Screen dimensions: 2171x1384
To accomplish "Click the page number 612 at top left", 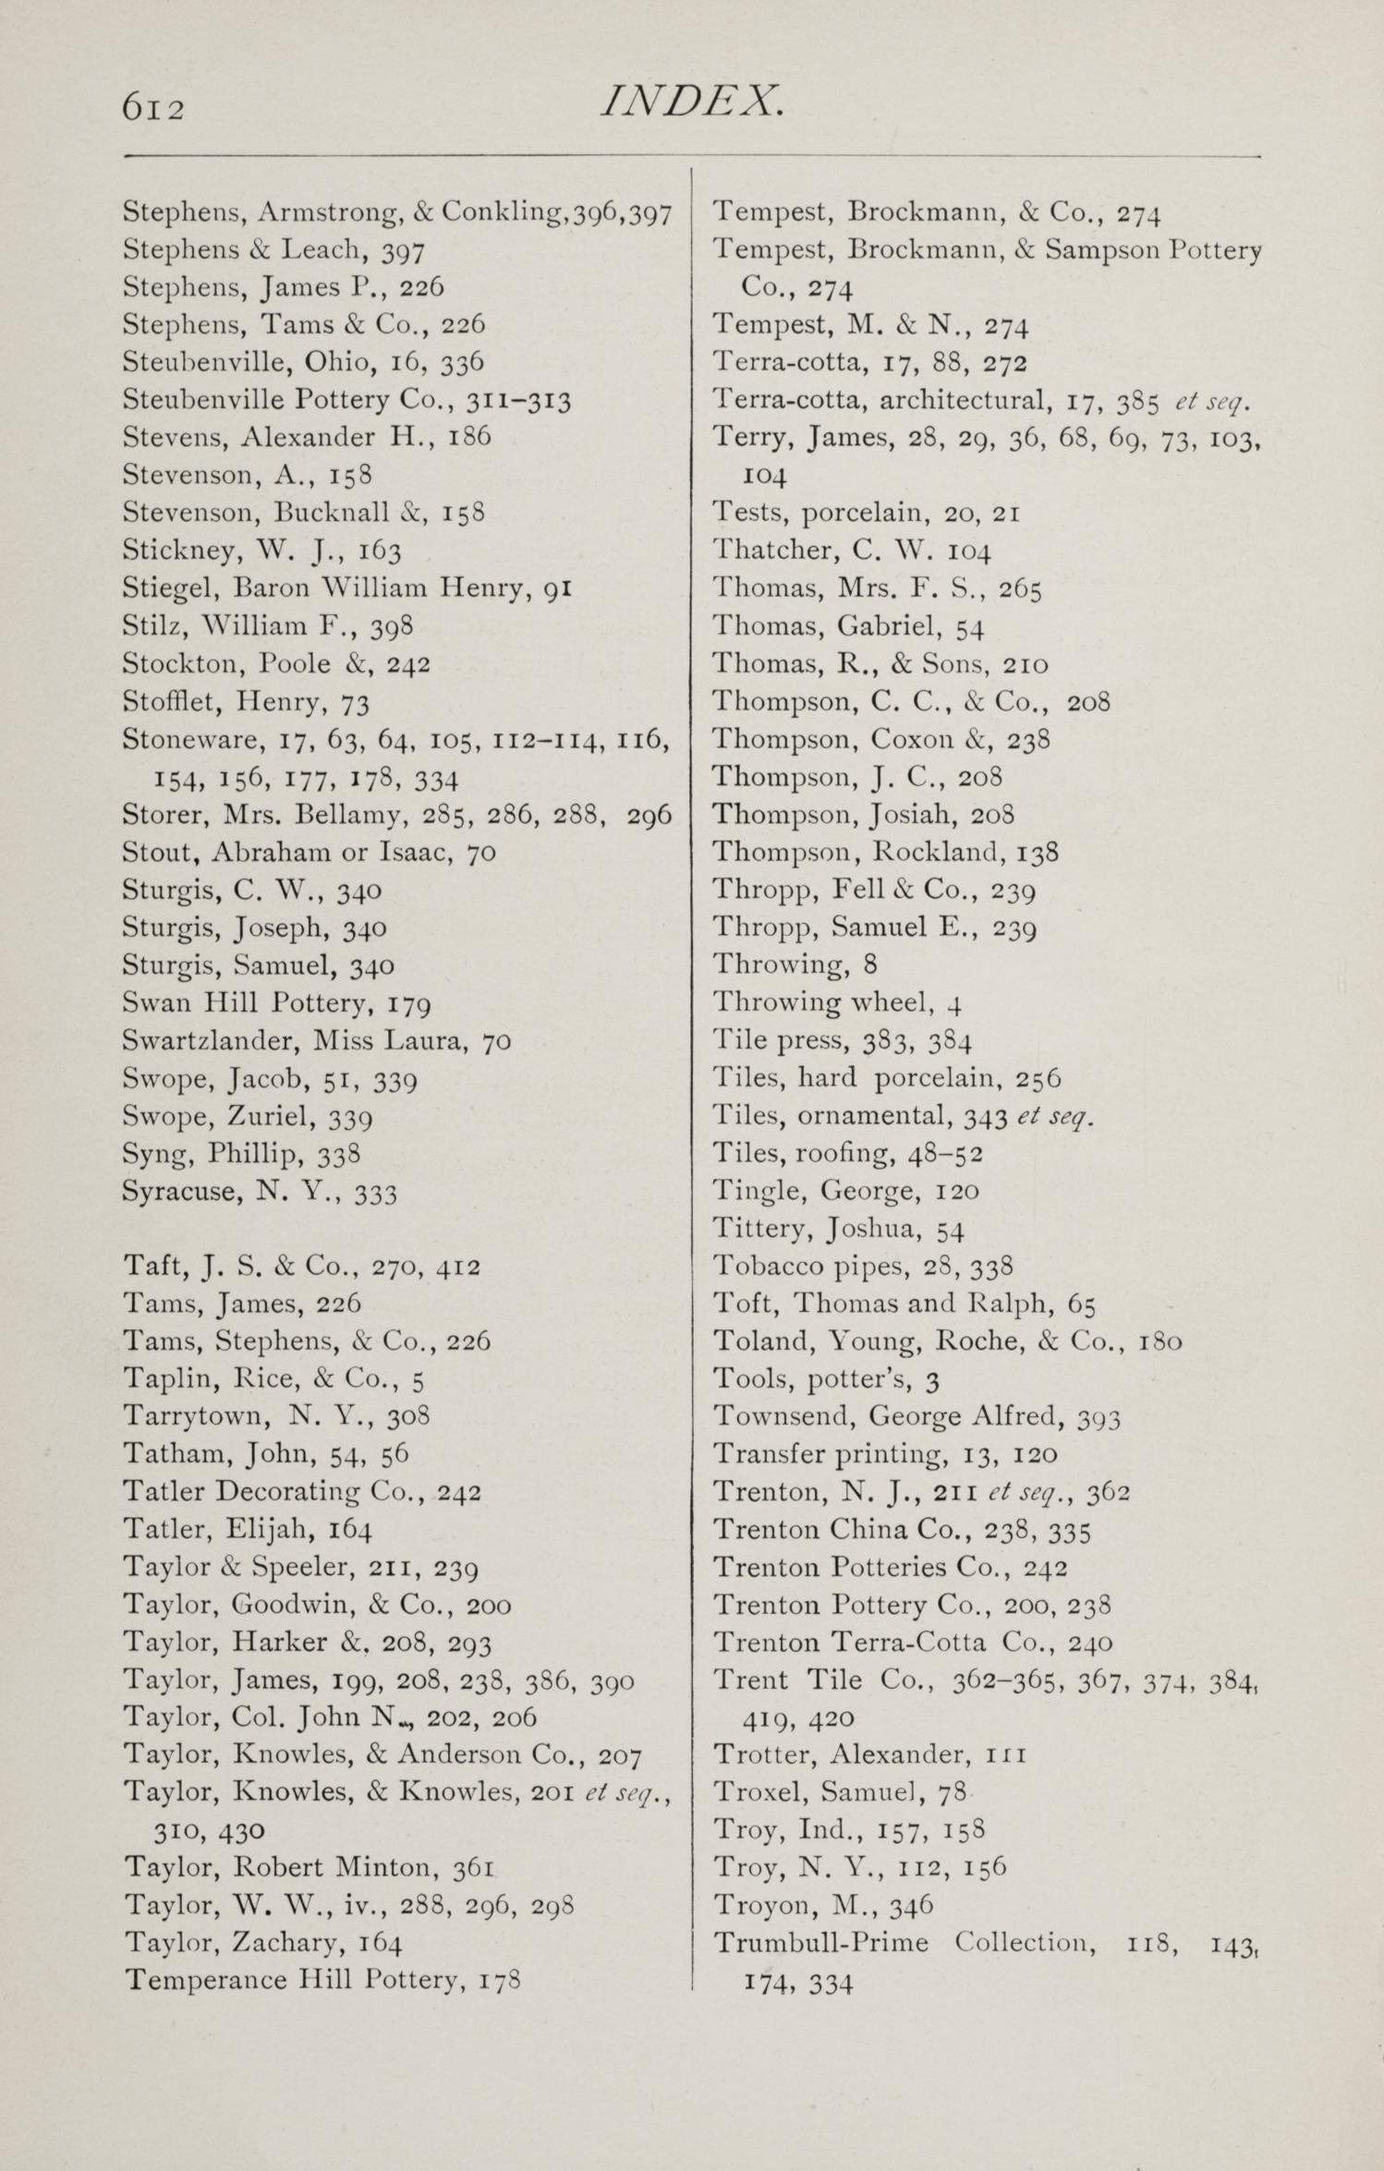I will [x=153, y=107].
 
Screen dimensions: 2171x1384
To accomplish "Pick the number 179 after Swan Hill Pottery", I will [x=409, y=1004].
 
